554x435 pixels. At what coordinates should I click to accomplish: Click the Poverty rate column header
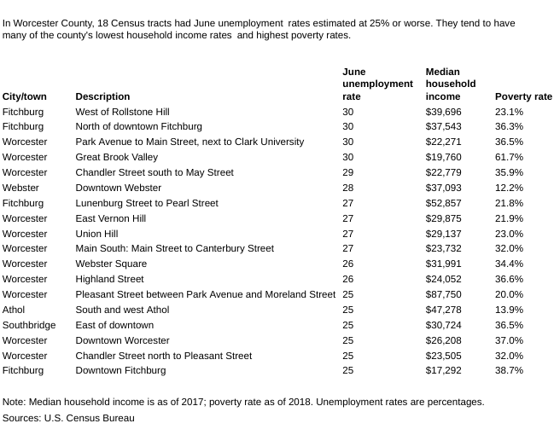(523, 96)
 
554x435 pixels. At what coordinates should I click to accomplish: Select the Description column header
(102, 96)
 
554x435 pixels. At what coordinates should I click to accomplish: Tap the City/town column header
(25, 96)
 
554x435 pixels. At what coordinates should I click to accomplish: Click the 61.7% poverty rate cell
(509, 157)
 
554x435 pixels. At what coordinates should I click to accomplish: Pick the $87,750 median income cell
(443, 294)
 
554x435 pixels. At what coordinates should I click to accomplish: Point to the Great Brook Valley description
(116, 157)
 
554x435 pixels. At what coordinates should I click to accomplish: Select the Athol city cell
(14, 310)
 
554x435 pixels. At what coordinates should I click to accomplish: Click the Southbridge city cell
(29, 325)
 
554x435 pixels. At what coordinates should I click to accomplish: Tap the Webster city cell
(20, 188)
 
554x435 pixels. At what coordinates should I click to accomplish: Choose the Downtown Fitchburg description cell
(120, 370)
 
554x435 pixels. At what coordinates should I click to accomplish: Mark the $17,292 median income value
(443, 370)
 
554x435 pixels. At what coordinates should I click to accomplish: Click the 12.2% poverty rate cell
(509, 188)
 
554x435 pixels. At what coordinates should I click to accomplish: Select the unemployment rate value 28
(347, 188)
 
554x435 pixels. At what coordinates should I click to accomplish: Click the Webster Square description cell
(111, 264)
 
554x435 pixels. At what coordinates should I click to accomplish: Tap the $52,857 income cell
(443, 203)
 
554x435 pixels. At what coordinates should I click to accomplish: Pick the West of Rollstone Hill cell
(122, 112)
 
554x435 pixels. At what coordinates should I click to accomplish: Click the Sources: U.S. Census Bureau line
(68, 418)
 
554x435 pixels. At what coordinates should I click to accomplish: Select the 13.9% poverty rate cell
(509, 310)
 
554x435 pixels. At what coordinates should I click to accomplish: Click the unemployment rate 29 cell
(347, 172)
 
